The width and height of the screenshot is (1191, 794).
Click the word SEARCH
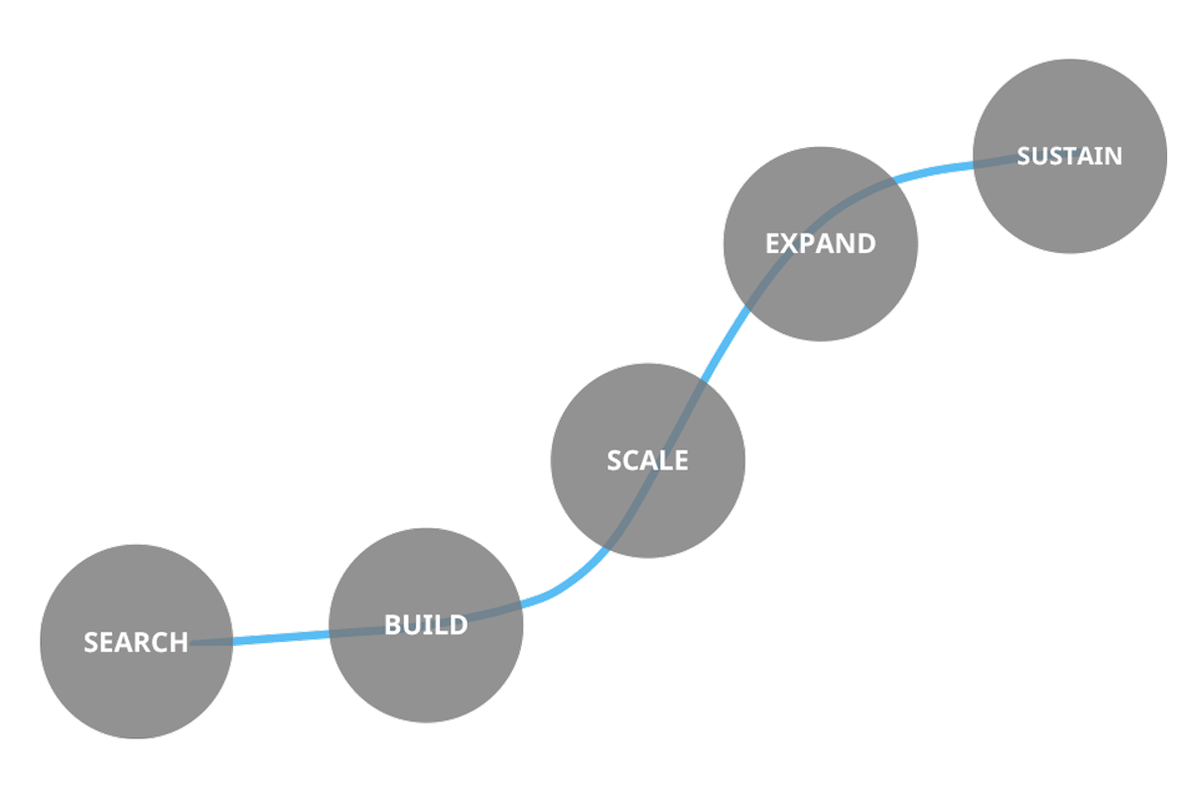click(x=136, y=643)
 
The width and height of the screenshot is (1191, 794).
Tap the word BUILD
click(x=426, y=625)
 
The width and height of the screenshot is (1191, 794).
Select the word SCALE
click(x=647, y=461)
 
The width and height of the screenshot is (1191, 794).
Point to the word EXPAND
click(x=821, y=244)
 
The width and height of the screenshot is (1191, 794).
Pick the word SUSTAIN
click(x=1069, y=157)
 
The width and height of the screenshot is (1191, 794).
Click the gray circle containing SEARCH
click(x=136, y=685)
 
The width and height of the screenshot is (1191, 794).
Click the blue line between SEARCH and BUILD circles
click(x=281, y=637)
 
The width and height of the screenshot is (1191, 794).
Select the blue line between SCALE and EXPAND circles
click(x=723, y=342)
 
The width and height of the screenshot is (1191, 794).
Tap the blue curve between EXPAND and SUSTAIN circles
click(x=943, y=170)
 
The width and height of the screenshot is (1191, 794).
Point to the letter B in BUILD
click(x=392, y=625)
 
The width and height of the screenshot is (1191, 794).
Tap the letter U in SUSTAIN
click(x=1042, y=157)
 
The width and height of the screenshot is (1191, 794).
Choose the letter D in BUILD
click(x=458, y=625)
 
